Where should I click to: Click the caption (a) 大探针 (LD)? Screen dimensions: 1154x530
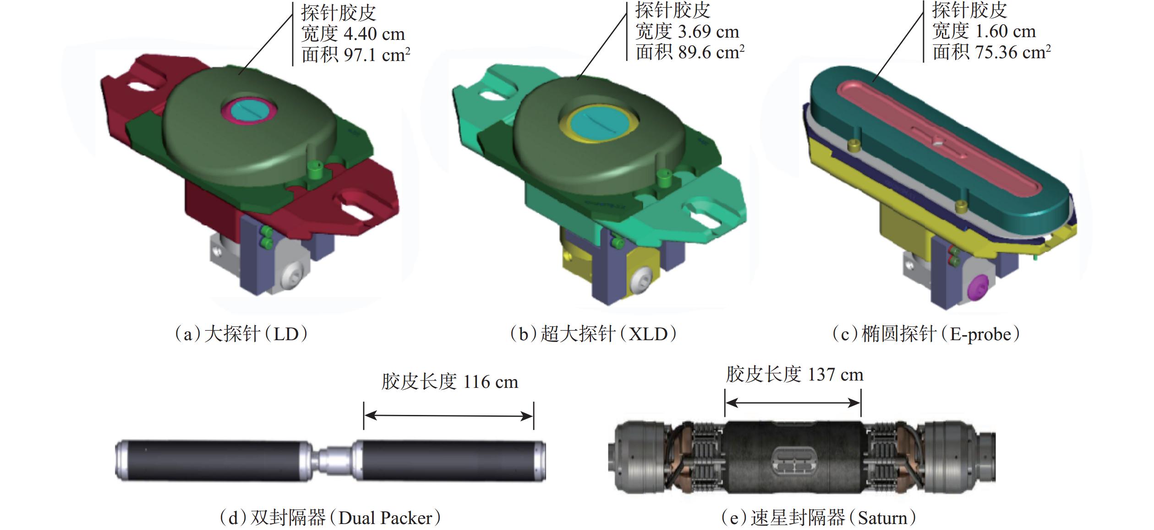click(241, 334)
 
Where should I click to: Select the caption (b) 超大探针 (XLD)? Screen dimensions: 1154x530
click(593, 334)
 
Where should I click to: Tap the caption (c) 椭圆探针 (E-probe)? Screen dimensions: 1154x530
click(926, 334)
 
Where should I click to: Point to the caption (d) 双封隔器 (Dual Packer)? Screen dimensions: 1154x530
click(330, 518)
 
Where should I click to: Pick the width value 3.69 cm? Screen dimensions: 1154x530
click(708, 32)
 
